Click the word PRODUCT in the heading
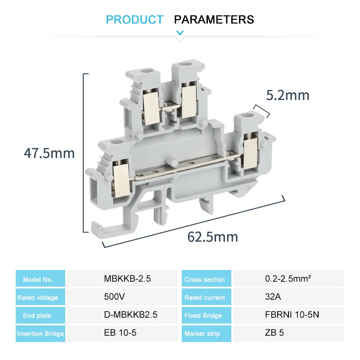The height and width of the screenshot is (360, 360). pyautogui.click(x=135, y=20)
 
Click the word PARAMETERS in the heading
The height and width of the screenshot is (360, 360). pyautogui.click(x=214, y=20)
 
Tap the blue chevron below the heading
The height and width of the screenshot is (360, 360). pyautogui.click(x=180, y=32)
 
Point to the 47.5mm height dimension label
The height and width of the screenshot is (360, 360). pyautogui.click(x=49, y=153)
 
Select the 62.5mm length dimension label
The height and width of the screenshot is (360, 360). pyautogui.click(x=213, y=237)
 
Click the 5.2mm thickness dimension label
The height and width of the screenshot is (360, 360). pyautogui.click(x=288, y=95)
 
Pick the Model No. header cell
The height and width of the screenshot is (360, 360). pyautogui.click(x=40, y=279)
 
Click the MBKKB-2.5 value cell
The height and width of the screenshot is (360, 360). pyautogui.click(x=127, y=279)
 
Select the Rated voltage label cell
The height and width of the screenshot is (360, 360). pyautogui.click(x=40, y=297)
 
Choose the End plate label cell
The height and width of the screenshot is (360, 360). pyautogui.click(x=40, y=315)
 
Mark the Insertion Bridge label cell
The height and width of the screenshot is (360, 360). pyautogui.click(x=40, y=333)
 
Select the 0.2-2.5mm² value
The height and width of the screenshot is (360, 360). pyautogui.click(x=288, y=279)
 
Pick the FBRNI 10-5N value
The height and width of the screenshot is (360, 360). pyautogui.click(x=292, y=315)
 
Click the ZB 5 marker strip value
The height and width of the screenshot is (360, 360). pyautogui.click(x=274, y=333)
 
